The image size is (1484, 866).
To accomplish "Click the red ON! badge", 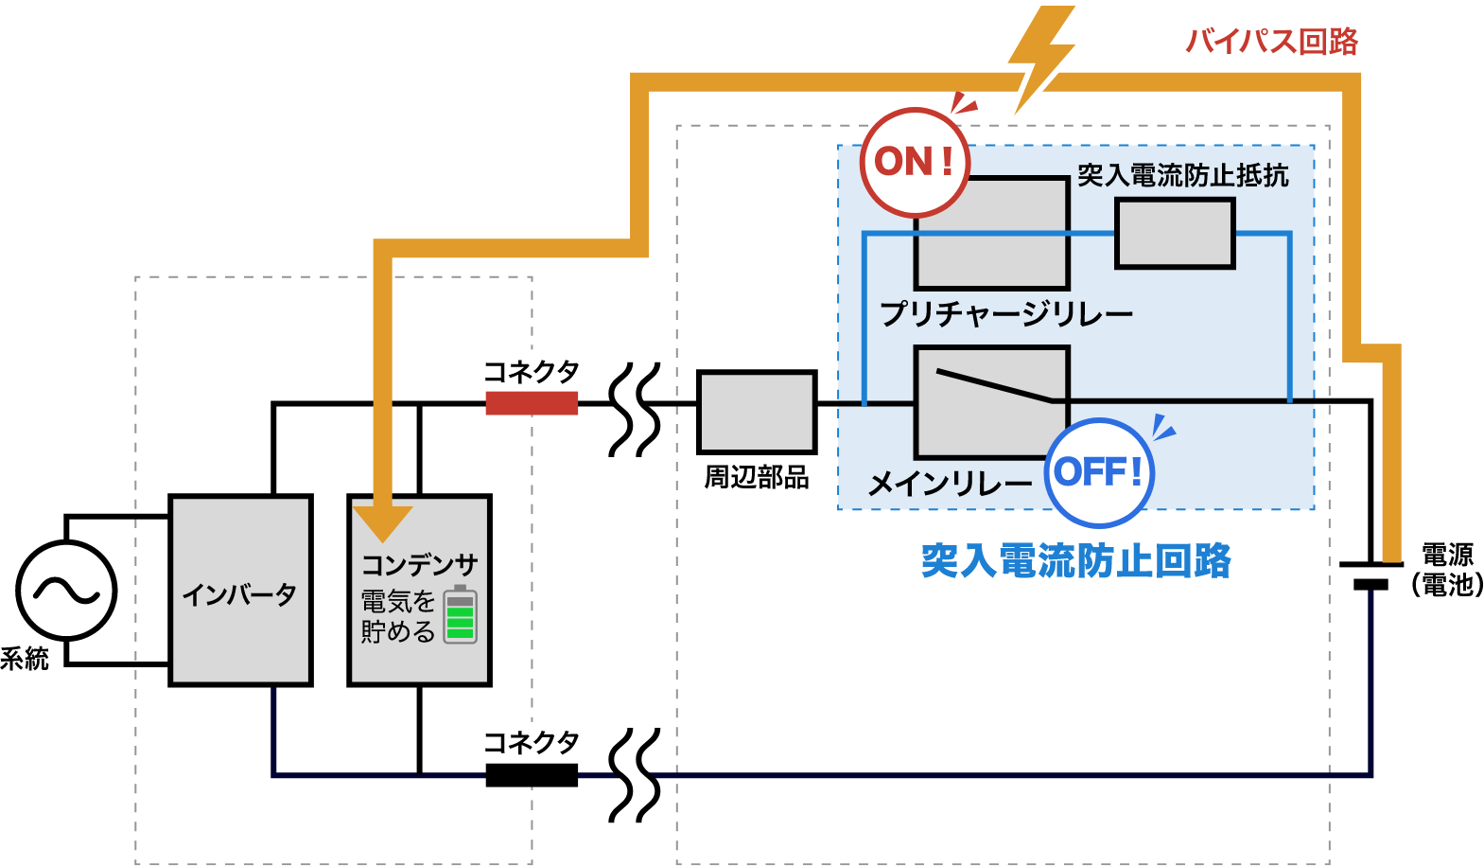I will [x=914, y=162].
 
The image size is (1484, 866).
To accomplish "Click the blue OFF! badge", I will [x=1099, y=471].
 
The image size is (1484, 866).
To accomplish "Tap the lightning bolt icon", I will [x=1039, y=57].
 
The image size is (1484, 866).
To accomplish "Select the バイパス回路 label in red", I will [x=1271, y=42].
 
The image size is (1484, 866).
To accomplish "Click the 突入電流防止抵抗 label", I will [x=1182, y=175].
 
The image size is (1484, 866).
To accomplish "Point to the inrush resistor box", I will [x=1175, y=233].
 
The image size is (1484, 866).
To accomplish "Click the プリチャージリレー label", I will [x=1005, y=313].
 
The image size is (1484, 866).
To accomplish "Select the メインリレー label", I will [x=950, y=484].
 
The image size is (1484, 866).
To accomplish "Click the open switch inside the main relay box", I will [x=993, y=385].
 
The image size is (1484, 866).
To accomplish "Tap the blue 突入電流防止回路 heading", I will [x=1075, y=561].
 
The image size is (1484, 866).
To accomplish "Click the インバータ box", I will [x=240, y=591].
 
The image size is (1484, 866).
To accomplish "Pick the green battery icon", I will [x=461, y=614].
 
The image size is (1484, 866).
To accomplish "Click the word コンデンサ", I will [x=419, y=565].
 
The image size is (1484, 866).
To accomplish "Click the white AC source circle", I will [x=66, y=591].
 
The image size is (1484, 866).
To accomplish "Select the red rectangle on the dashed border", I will [x=532, y=403].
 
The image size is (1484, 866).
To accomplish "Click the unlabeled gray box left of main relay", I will [x=757, y=412].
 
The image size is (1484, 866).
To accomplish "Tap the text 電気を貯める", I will [x=398, y=616].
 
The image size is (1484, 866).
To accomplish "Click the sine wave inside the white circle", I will [x=66, y=592].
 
